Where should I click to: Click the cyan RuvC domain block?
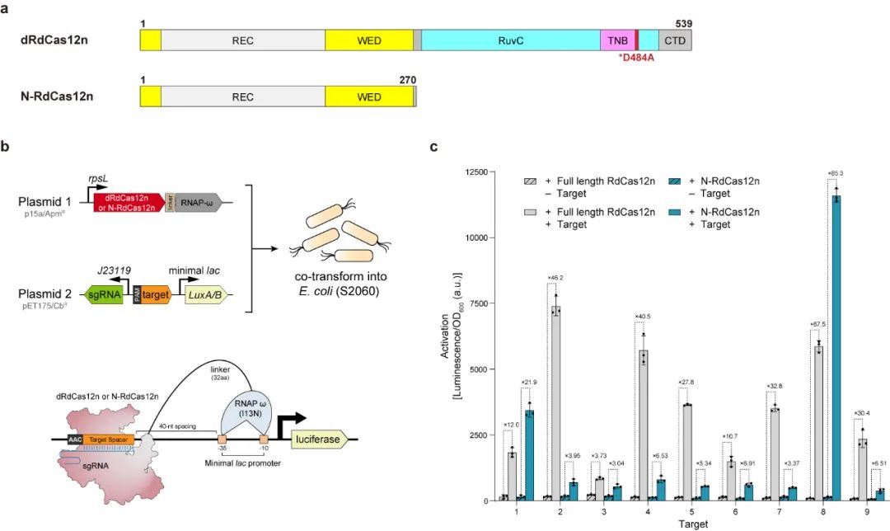click(511, 39)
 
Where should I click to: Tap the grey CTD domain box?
click(675, 39)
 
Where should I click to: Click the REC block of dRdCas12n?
click(243, 39)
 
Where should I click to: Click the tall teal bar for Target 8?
click(836, 346)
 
